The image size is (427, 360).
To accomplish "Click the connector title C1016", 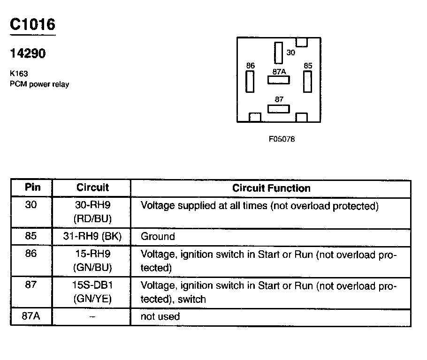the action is click(x=33, y=25).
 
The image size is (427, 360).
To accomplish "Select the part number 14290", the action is click(x=28, y=54).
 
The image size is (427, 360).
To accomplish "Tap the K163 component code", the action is click(x=18, y=74).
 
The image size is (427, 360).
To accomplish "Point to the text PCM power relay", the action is click(x=39, y=84).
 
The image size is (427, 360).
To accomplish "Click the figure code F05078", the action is click(x=282, y=139).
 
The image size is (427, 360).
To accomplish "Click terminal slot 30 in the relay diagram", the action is click(x=279, y=52).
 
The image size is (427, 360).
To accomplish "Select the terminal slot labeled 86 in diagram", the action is click(x=250, y=82).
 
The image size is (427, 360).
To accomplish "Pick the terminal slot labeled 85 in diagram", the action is click(x=308, y=82).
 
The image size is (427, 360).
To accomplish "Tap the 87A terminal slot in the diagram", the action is click(x=279, y=80).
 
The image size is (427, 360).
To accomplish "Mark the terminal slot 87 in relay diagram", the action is click(x=279, y=109).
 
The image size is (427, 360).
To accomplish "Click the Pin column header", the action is click(x=32, y=187).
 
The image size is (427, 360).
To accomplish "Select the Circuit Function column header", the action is click(x=271, y=188).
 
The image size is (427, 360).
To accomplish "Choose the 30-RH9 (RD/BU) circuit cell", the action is click(x=92, y=212).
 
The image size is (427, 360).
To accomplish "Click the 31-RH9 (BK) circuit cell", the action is click(x=92, y=237).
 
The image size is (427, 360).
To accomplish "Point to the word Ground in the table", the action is click(x=158, y=237).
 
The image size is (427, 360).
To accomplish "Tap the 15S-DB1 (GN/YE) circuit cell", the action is click(x=92, y=292).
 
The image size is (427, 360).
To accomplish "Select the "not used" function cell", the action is click(x=160, y=316).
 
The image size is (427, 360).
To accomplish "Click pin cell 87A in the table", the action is click(x=31, y=316).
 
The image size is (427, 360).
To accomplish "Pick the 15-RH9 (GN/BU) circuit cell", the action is click(x=92, y=261).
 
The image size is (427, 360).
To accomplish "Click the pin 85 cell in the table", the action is click(x=31, y=237).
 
